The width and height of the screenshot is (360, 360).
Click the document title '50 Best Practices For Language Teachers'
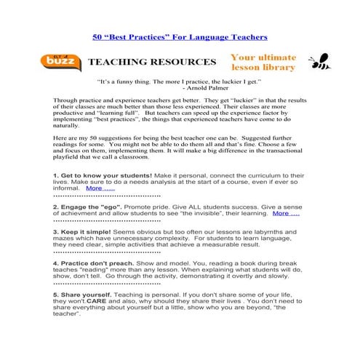180,36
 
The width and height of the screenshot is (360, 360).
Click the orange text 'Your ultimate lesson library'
263,63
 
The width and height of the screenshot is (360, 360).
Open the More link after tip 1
100,188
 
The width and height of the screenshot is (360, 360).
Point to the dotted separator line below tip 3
106,253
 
